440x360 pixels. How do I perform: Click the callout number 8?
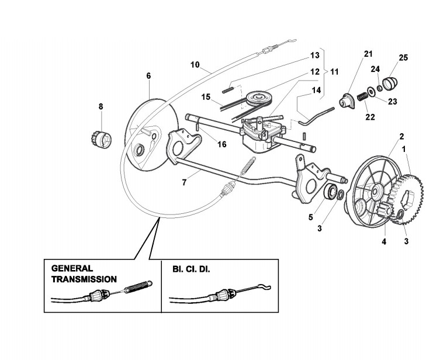[x=101, y=106]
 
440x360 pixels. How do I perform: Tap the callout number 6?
[x=148, y=76]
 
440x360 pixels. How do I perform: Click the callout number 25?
[x=403, y=58]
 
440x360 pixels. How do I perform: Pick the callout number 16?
[x=205, y=144]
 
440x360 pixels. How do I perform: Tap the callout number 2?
[x=385, y=136]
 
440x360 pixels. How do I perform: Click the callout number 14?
[x=316, y=90]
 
